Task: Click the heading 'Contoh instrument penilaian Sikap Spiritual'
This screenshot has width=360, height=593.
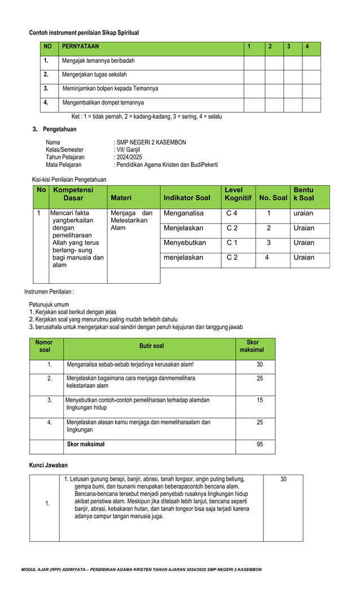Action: [84, 33]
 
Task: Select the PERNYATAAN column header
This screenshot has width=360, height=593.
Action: [81, 46]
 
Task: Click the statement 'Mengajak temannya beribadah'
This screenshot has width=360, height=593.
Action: [98, 60]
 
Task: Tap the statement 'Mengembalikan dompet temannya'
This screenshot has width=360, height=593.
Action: [103, 103]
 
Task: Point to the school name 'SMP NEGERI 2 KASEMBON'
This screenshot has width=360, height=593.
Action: [151, 142]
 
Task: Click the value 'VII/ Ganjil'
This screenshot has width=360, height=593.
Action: [128, 150]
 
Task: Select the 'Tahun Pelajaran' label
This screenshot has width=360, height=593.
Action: [65, 157]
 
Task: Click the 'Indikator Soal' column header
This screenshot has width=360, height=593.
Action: [187, 197]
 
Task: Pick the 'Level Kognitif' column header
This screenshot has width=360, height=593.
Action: [238, 194]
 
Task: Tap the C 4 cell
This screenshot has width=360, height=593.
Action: [232, 213]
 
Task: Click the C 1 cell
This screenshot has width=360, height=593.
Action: [232, 243]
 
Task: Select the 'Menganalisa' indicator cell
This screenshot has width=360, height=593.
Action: [183, 213]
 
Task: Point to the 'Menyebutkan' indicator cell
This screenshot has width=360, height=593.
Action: [185, 243]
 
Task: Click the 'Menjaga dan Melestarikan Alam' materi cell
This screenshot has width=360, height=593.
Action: [131, 220]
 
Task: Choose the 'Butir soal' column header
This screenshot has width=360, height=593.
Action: [152, 346]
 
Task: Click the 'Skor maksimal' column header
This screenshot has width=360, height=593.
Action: [252, 346]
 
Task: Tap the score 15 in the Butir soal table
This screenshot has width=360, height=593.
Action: [260, 400]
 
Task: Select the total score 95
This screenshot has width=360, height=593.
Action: [260, 444]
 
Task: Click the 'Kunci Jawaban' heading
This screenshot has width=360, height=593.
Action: [49, 465]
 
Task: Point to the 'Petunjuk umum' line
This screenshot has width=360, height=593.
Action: [49, 305]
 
